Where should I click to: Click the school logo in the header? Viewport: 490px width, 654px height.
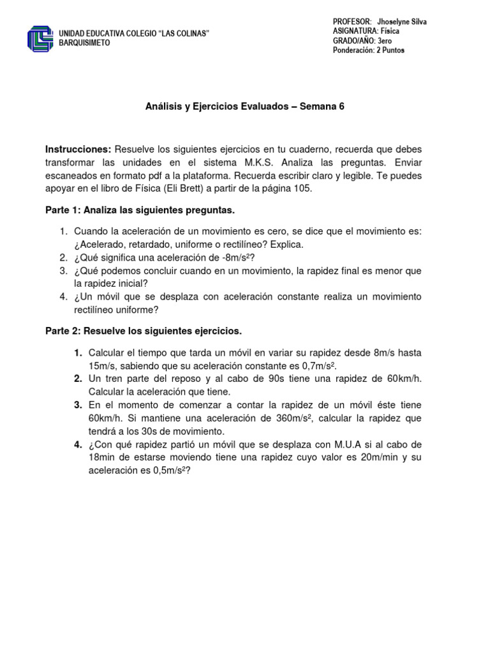[40, 38]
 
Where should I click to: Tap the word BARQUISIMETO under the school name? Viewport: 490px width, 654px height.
[84, 43]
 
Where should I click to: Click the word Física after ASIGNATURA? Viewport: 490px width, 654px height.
[392, 31]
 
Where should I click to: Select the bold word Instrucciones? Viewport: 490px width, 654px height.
[78, 149]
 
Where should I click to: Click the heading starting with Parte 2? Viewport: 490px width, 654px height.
[144, 331]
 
